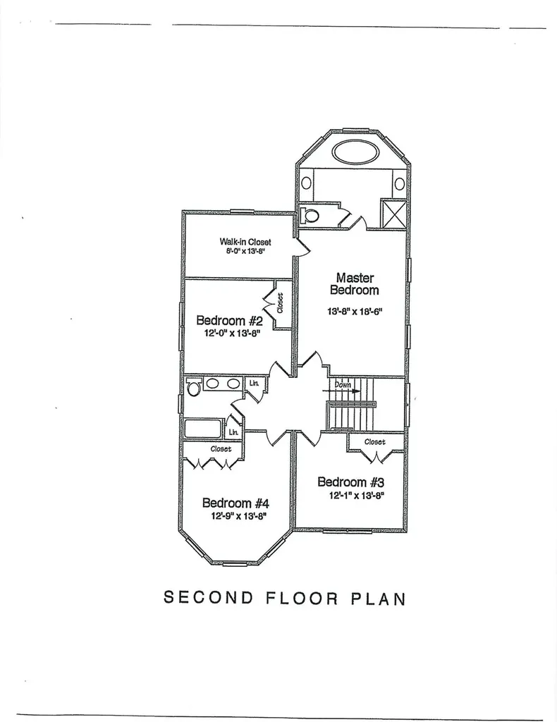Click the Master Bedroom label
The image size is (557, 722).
point(355,283)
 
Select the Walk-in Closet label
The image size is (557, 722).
point(245,242)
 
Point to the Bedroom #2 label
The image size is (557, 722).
point(230,320)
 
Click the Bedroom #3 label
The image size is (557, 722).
point(351,482)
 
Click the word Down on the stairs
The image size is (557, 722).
point(343,384)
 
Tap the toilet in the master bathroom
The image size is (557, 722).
point(309,215)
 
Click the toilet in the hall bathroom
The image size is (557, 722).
point(193,387)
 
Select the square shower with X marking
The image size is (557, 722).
point(394,213)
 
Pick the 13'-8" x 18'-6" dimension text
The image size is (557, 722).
point(355,312)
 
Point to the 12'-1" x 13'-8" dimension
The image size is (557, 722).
point(356,496)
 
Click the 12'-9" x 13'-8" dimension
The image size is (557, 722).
point(239,516)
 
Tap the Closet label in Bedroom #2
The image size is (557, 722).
point(281,303)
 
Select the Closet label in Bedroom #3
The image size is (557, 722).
point(374,441)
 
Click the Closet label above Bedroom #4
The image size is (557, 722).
point(221,448)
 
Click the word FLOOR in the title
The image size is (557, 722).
point(302,598)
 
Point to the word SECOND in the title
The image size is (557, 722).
point(209,598)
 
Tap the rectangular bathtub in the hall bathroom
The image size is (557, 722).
point(203,429)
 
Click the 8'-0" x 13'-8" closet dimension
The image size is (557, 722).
point(245,252)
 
